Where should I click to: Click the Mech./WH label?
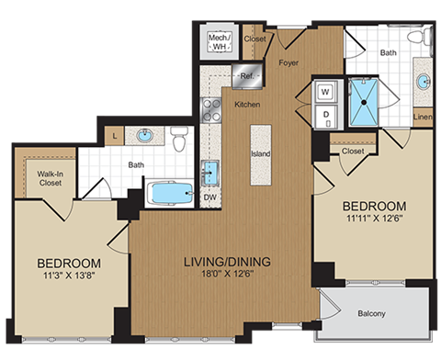coord(219,42)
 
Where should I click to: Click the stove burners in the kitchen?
coord(210,111)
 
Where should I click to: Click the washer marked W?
coord(323,91)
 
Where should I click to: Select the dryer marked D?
coord(323,114)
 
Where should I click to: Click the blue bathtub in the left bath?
coord(171,195)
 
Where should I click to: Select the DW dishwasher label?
coord(209,197)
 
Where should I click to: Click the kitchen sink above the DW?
coord(209,172)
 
